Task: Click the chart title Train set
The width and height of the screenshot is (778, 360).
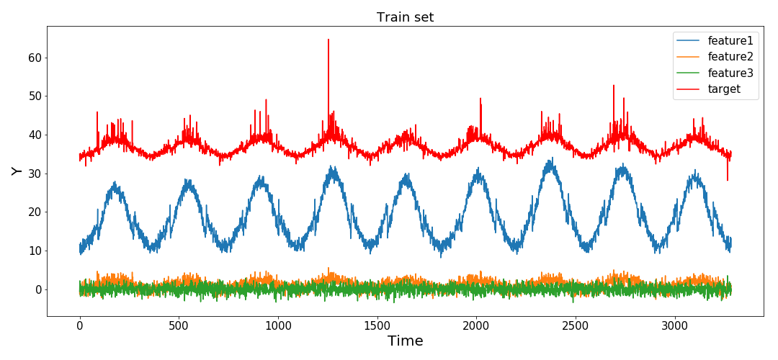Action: tap(405, 17)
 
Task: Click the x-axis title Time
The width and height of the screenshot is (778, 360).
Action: tap(405, 341)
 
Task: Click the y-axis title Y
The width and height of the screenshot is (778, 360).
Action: tap(17, 171)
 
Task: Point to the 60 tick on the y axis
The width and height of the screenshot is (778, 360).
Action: tap(34, 58)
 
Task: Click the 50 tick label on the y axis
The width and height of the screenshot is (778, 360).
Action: tap(34, 96)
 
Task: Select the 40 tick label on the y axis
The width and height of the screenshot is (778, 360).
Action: tap(34, 135)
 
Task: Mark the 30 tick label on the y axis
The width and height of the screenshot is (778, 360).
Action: tap(34, 174)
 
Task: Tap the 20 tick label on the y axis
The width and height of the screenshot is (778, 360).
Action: tap(34, 212)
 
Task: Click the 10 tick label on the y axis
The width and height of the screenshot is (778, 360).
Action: tap(34, 251)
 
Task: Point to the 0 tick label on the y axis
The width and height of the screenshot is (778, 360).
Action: tap(37, 289)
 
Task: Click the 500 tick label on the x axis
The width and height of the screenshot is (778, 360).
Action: tap(179, 325)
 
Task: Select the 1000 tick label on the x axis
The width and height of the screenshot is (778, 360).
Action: tap(278, 325)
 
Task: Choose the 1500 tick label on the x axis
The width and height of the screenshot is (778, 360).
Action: tap(377, 325)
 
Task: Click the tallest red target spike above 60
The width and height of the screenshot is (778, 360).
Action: tap(328, 42)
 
